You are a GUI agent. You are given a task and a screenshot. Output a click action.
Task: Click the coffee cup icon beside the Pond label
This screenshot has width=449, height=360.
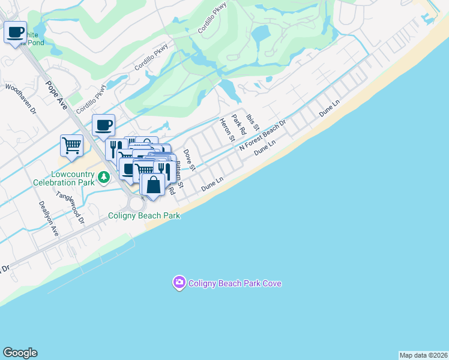click(15, 32)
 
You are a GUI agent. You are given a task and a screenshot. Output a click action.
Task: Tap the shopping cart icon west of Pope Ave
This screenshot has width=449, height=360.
click(71, 145)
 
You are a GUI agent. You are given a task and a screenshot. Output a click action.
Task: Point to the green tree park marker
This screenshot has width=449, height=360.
click(104, 177)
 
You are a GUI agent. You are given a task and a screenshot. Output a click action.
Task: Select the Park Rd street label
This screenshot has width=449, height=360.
click(240, 124)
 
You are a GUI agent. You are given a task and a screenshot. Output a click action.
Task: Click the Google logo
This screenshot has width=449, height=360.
click(20, 353)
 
